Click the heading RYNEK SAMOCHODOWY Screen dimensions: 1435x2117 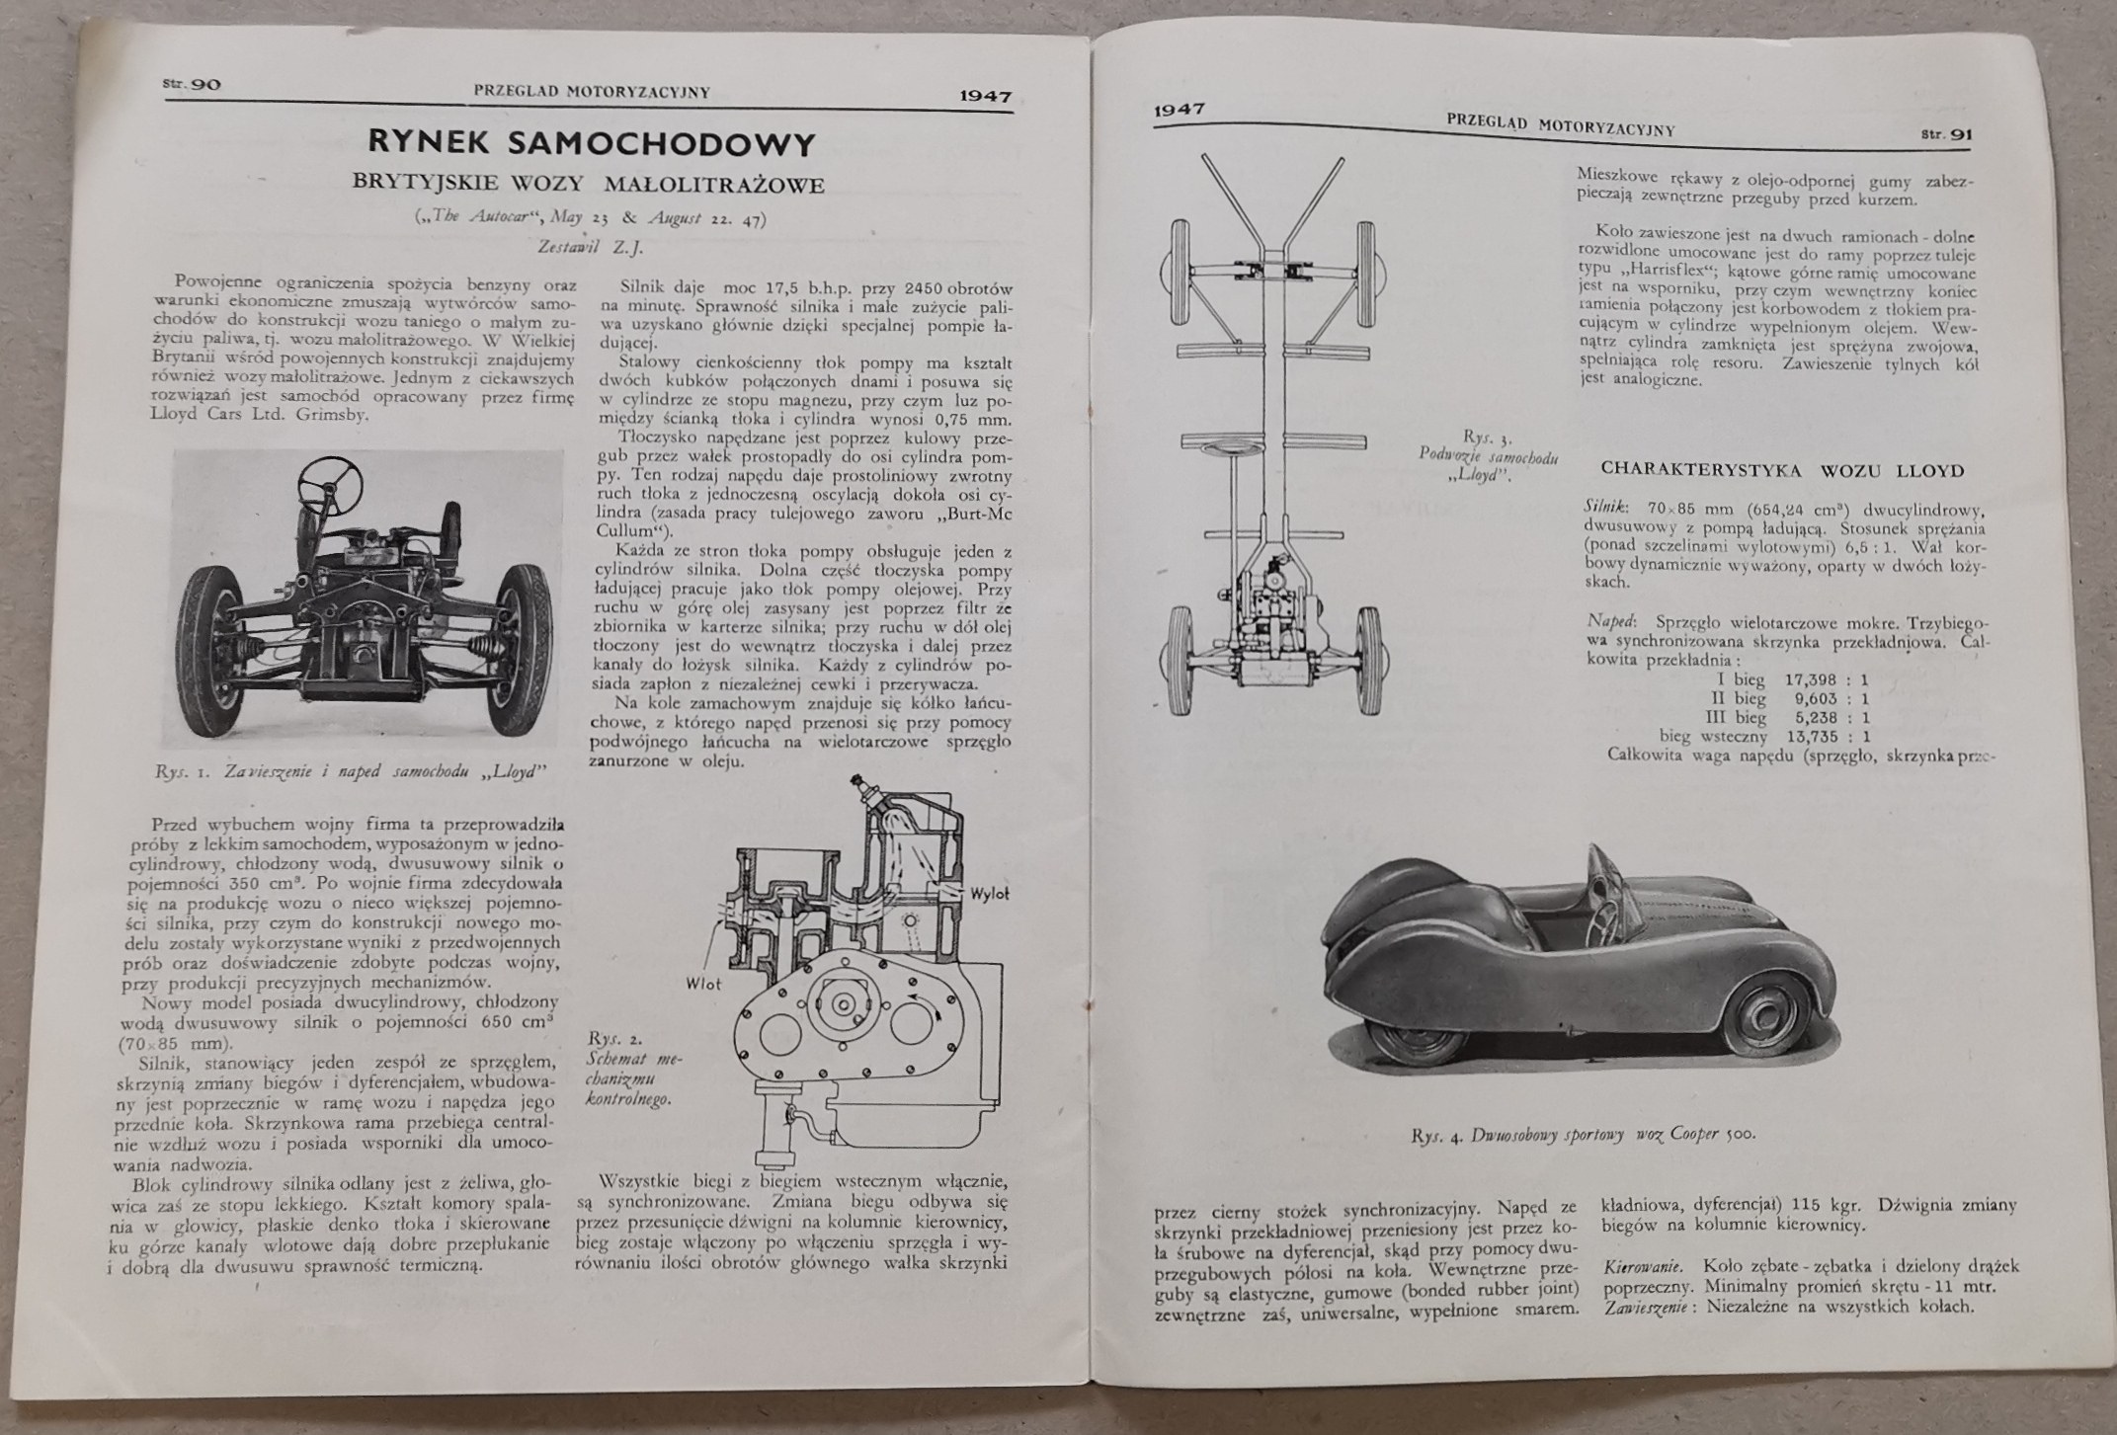[592, 143]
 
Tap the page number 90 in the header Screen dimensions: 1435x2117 [204, 84]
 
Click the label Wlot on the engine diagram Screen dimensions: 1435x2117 [702, 984]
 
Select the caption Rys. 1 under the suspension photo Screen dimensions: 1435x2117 [350, 771]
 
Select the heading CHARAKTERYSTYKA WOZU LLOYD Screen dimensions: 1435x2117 [1782, 470]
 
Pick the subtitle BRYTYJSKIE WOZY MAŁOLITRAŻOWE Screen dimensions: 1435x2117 [590, 185]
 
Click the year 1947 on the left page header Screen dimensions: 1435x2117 [984, 96]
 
